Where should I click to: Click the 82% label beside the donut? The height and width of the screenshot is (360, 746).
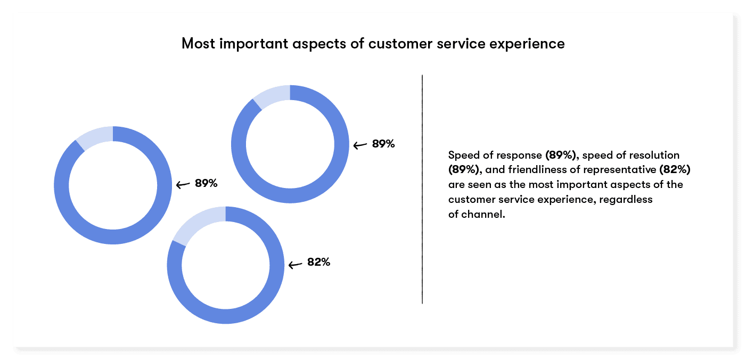(x=318, y=263)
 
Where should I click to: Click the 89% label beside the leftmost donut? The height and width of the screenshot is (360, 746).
(x=206, y=183)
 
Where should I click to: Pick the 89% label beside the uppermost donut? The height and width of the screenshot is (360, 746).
(x=383, y=144)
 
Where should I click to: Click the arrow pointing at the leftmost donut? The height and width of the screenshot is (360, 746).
(x=183, y=185)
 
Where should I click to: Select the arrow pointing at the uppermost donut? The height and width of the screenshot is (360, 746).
(x=360, y=145)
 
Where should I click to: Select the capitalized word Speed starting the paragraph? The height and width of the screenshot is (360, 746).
(x=461, y=156)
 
